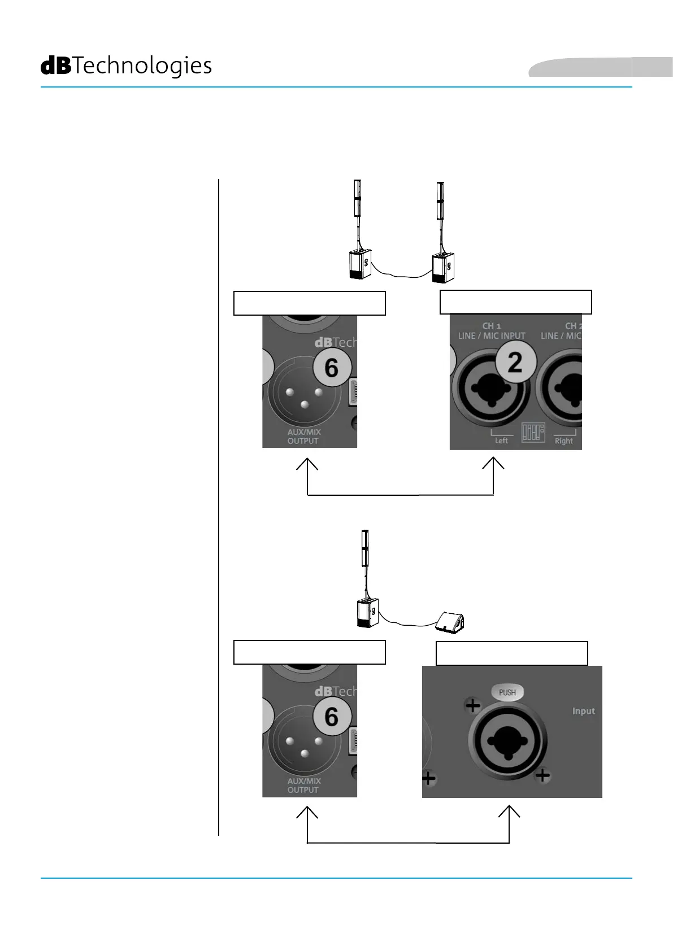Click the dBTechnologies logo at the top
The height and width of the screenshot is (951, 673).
click(126, 66)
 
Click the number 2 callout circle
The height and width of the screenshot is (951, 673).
click(514, 363)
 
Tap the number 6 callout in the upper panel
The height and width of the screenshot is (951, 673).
click(332, 368)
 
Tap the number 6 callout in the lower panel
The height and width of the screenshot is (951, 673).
click(332, 717)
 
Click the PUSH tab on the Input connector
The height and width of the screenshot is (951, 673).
click(507, 692)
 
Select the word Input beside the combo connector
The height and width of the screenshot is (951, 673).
click(583, 711)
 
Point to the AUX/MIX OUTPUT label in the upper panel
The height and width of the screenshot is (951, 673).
click(303, 437)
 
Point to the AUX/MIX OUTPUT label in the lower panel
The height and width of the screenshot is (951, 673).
click(303, 786)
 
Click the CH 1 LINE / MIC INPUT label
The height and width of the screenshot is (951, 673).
click(492, 331)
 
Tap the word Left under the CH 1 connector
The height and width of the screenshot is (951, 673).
click(501, 440)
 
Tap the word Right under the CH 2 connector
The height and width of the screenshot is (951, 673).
click(563, 441)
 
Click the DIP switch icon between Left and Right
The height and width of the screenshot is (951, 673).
click(533, 433)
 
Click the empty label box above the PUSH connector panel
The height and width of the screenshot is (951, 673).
click(511, 653)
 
